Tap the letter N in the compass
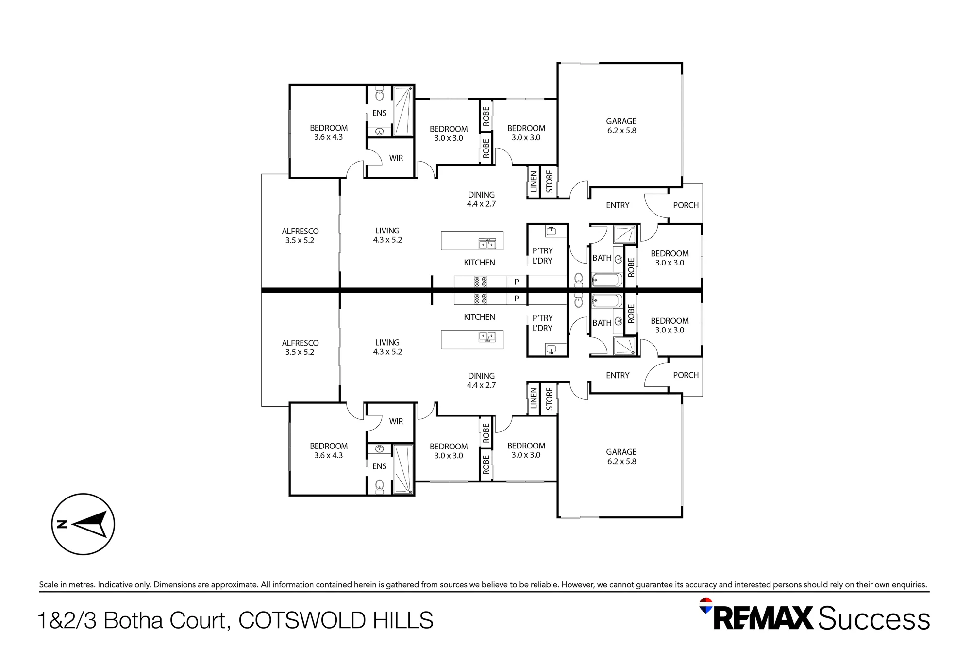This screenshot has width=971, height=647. click(x=62, y=524)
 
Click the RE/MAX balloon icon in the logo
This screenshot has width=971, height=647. click(x=706, y=606)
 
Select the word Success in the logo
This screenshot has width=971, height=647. click(x=874, y=618)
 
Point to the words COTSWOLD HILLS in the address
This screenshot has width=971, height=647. click(x=336, y=620)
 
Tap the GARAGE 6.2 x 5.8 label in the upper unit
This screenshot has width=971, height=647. click(x=621, y=126)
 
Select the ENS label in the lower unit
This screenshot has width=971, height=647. click(x=379, y=466)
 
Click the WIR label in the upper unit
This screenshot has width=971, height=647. click(x=396, y=158)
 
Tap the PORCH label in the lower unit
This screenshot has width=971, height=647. click(x=686, y=375)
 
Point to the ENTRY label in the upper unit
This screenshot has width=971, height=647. click(x=618, y=205)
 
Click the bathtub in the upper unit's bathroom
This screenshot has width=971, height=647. click(x=607, y=280)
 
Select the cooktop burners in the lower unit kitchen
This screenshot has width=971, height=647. click(x=481, y=299)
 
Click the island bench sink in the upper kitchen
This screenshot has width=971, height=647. click(x=487, y=244)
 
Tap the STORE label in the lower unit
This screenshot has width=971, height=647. click(x=550, y=398)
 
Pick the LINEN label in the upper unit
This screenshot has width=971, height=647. click(x=534, y=182)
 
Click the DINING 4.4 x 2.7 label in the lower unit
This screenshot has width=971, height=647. click(x=481, y=381)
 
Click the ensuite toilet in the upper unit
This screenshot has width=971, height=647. click(x=380, y=94)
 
